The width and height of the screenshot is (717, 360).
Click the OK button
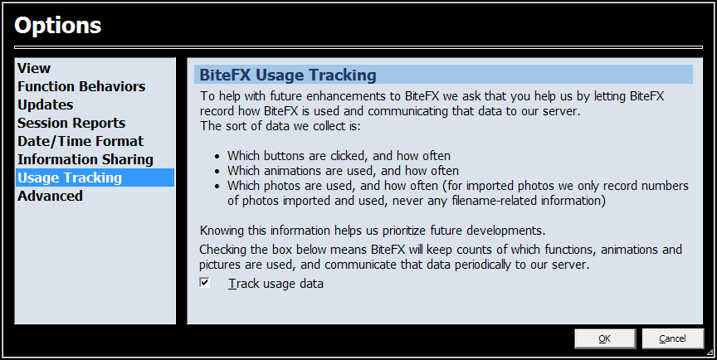coord(604,338)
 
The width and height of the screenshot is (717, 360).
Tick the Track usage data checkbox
coord(204,283)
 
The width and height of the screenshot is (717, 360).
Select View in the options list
coord(34,68)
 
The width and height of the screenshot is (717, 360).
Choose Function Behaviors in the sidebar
coord(81,86)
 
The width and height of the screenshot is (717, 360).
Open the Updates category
coord(46,105)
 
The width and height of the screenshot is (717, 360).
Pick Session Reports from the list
coord(71,123)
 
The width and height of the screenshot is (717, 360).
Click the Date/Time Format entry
coord(80,141)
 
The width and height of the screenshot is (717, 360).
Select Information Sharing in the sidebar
coord(85,159)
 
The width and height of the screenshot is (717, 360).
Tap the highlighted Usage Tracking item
coord(70,178)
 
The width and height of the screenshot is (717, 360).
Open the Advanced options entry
coord(51,196)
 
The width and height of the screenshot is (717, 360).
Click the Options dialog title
coord(57,25)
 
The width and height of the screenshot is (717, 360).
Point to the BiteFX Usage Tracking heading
coord(288,75)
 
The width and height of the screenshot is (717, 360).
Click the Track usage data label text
coord(276,284)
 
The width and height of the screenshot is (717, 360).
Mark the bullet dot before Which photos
coord(217,187)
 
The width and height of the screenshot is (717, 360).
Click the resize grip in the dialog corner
coord(710,353)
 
